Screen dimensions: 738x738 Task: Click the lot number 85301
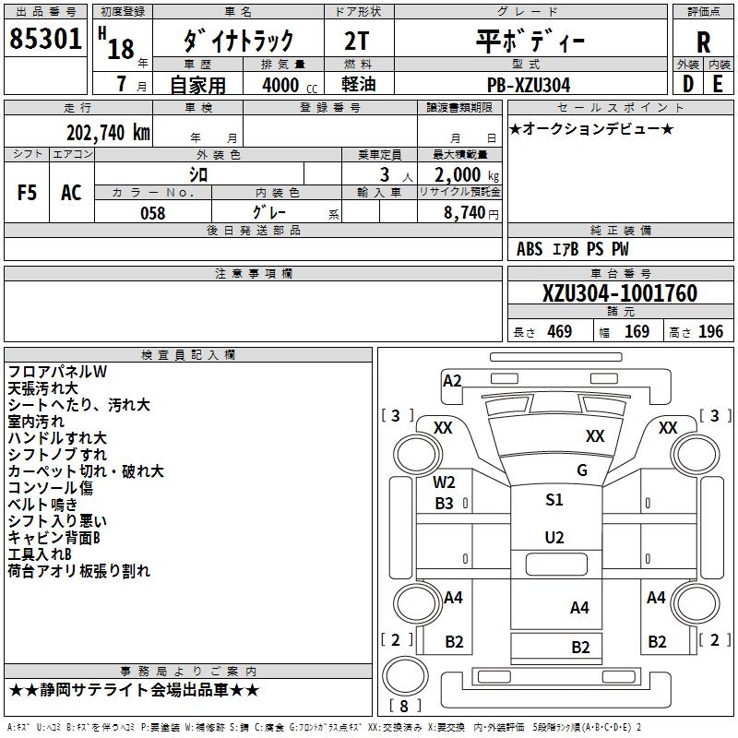45,40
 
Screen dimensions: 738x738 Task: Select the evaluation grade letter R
703,42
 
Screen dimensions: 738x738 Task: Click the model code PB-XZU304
529,85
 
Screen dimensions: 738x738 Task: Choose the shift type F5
28,192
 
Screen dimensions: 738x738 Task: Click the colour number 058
152,213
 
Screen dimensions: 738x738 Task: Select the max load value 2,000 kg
462,175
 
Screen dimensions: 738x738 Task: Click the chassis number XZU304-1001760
620,293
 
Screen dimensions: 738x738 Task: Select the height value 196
710,332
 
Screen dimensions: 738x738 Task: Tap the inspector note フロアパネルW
57,372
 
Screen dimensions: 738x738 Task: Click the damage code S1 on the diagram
553,500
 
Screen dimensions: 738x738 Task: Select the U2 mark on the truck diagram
553,537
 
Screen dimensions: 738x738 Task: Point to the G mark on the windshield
581,470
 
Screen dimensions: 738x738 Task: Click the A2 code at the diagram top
452,380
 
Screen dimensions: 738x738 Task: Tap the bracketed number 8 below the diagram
405,706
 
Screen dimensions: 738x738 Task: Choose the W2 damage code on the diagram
445,482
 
